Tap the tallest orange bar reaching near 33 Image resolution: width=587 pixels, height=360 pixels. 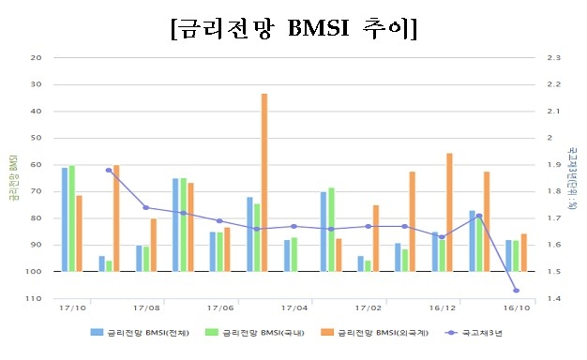click(264, 182)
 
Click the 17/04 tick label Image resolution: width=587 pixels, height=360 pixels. click(294, 307)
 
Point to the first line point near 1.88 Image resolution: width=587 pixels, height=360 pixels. click(109, 170)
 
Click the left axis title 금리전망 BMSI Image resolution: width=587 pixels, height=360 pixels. click(11, 179)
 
